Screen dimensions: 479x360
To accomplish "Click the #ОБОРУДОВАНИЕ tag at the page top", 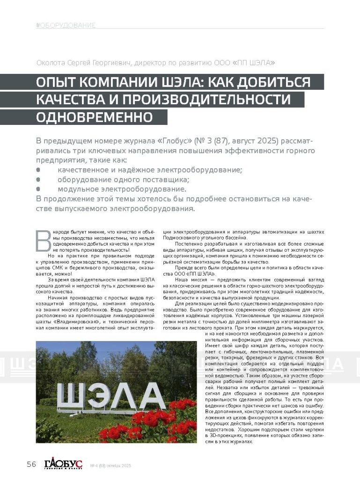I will (x=66, y=25).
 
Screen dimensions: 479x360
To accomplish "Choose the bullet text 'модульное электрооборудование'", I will (x=122, y=189).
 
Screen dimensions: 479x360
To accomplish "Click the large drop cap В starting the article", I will (x=43, y=241).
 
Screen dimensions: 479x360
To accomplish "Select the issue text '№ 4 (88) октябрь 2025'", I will (x=110, y=466).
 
